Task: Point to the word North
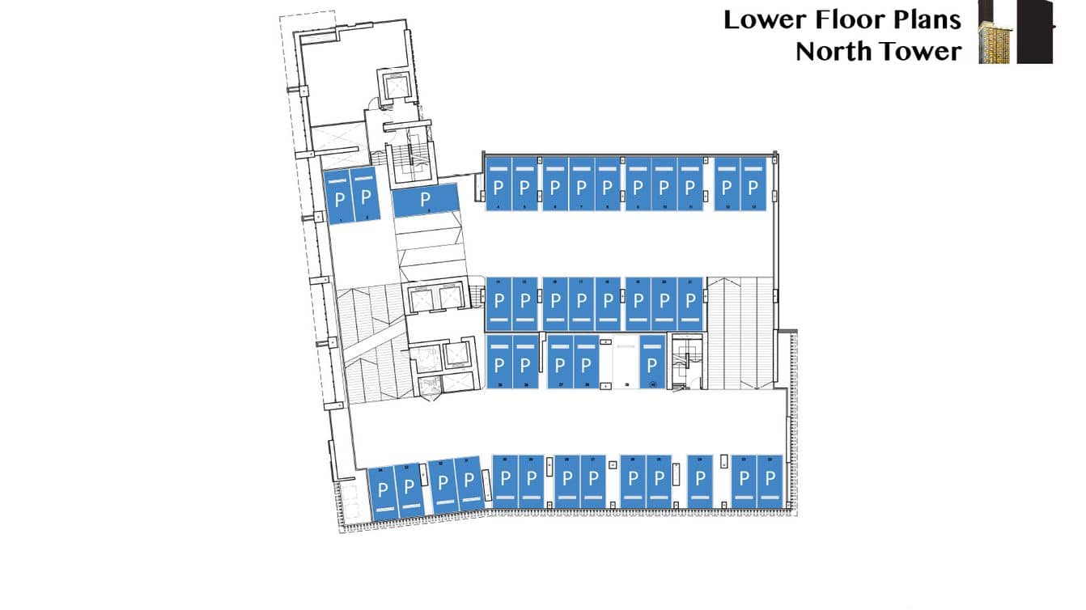pos(833,51)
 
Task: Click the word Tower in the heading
pos(920,51)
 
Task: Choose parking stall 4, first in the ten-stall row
pos(498,184)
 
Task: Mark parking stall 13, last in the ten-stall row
pos(753,184)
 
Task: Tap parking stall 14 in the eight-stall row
pos(498,304)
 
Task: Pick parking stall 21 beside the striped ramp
pos(689,304)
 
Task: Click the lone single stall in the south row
pos(700,482)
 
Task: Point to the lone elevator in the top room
pos(397,85)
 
